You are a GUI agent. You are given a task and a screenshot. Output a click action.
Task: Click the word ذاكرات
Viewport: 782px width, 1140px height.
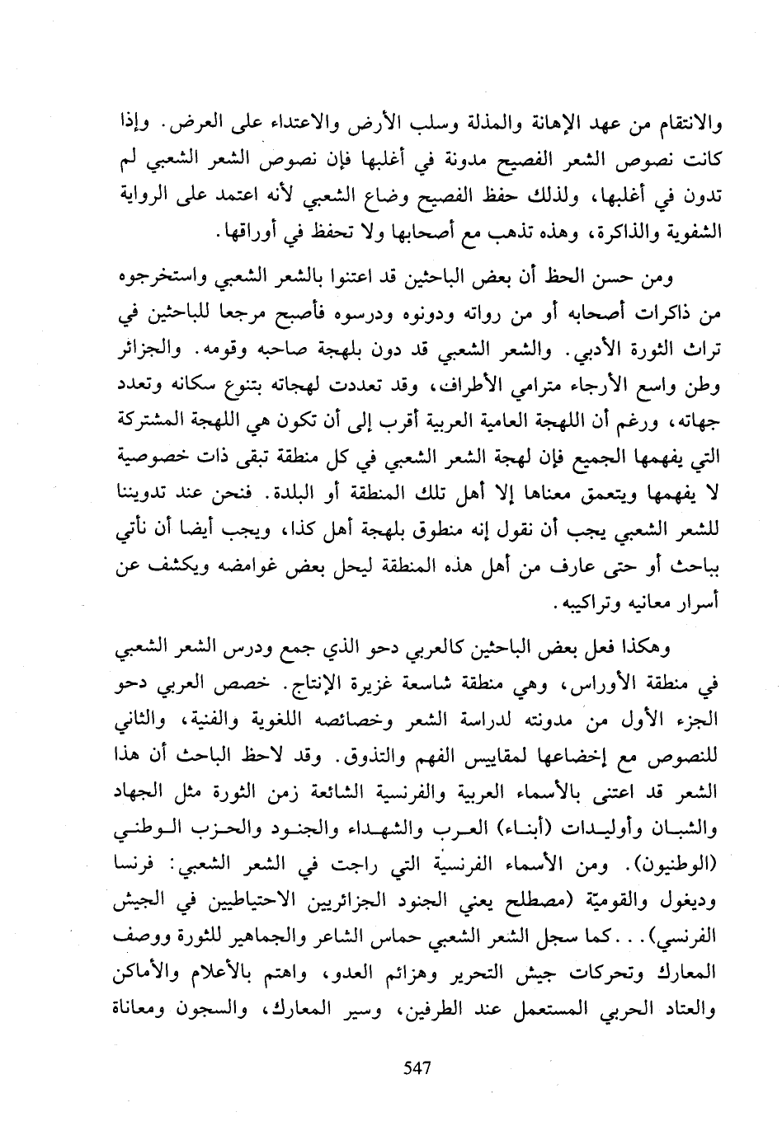[664, 312]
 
